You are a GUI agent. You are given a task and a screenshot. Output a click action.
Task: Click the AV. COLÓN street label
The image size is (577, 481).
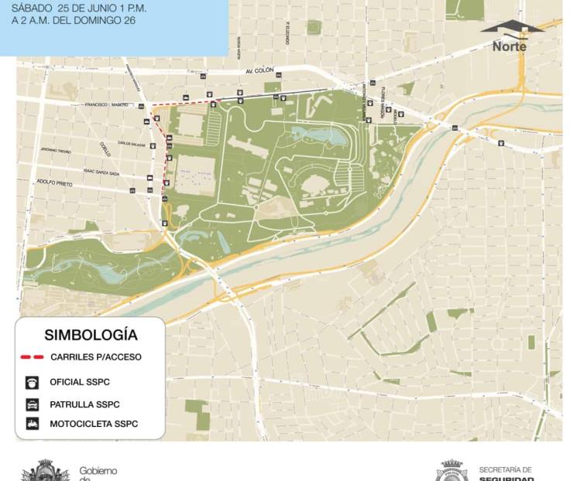pos(259,70)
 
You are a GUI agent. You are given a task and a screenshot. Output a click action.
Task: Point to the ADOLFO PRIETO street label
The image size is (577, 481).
pos(54,184)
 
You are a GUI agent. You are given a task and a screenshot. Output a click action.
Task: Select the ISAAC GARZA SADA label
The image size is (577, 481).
pos(101,173)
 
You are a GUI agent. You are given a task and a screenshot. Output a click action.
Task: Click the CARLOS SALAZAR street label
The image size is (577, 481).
pos(132,143)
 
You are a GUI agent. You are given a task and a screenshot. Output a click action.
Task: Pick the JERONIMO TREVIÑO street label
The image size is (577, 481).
pos(56,151)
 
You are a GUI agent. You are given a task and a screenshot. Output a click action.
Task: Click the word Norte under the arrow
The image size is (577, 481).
pos(509,46)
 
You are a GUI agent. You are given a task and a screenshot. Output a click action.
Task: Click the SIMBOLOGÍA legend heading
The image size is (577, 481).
pos(91,336)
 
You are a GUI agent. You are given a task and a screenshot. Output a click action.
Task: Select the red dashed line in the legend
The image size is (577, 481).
pos(32,358)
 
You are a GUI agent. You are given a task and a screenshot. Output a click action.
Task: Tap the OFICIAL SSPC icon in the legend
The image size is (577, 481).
pos(32,382)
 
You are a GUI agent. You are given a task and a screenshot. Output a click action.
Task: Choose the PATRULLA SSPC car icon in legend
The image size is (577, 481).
pos(32,404)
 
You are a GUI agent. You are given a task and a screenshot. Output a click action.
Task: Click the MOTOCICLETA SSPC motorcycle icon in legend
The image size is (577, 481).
pos(32,424)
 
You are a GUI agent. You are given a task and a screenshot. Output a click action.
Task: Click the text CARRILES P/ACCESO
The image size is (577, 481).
pos(96,358)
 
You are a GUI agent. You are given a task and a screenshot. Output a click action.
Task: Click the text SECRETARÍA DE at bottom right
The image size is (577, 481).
pos(505,469)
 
